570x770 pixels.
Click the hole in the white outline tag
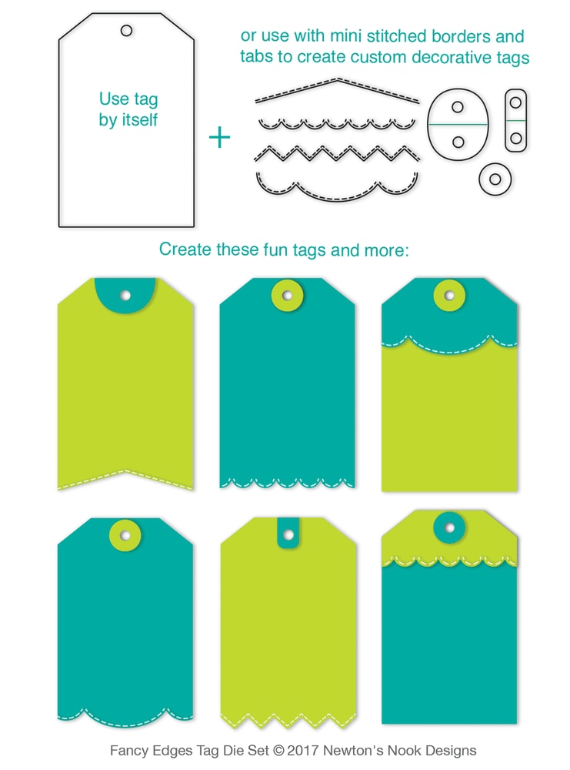click(x=126, y=31)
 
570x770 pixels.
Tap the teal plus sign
click(x=220, y=138)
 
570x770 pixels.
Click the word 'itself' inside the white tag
click(x=145, y=120)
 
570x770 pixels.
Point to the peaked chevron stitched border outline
click(x=337, y=89)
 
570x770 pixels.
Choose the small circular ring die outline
click(x=495, y=179)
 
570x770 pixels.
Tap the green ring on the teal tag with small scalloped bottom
click(x=288, y=295)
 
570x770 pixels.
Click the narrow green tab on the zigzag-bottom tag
click(x=288, y=534)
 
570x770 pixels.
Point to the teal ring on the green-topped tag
click(x=449, y=527)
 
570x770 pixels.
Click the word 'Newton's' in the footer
click(x=355, y=750)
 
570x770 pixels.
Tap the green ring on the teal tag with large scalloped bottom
click(x=125, y=534)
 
